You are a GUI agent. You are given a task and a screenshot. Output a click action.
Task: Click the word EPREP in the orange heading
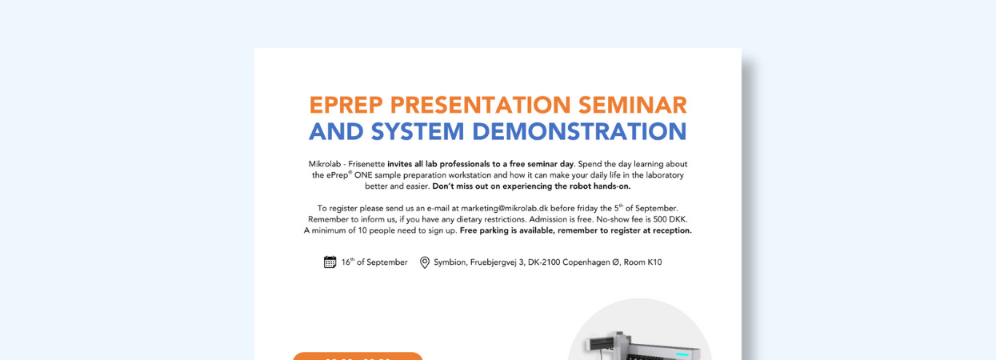(x=346, y=105)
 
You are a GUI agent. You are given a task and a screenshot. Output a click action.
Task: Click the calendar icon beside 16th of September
(x=330, y=262)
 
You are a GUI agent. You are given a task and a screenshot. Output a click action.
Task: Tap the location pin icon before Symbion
(x=425, y=262)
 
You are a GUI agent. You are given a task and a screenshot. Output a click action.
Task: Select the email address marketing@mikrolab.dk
(x=504, y=208)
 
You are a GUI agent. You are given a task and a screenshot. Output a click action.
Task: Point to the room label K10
(x=654, y=262)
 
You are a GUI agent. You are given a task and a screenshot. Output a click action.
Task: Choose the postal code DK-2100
(x=544, y=262)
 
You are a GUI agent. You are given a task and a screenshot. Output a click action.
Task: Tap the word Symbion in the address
(x=450, y=262)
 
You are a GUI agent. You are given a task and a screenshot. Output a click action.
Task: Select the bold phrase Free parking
(x=485, y=230)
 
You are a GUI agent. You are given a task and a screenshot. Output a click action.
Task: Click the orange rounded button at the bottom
(x=358, y=357)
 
